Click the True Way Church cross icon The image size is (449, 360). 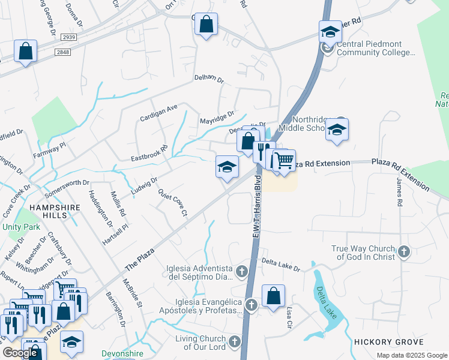point(404,252)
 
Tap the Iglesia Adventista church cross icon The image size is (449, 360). point(242,272)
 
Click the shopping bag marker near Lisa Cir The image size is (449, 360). point(273,296)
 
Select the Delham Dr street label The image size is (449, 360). point(209,78)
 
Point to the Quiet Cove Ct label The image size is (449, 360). point(173,202)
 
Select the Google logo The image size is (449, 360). point(20,353)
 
